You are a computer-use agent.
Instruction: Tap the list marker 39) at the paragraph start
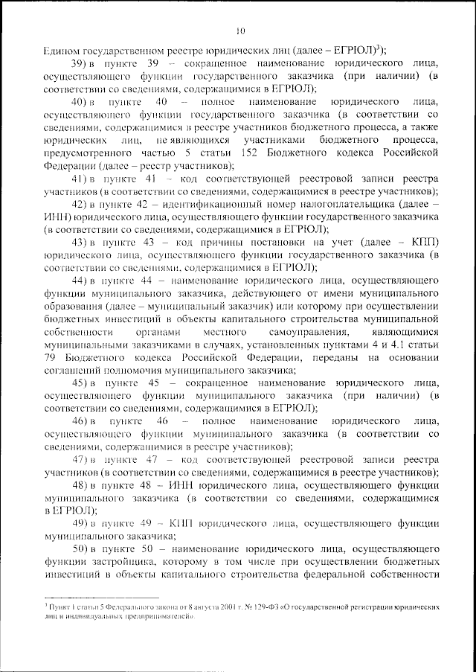(80, 65)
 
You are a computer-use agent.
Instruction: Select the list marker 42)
(80, 203)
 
